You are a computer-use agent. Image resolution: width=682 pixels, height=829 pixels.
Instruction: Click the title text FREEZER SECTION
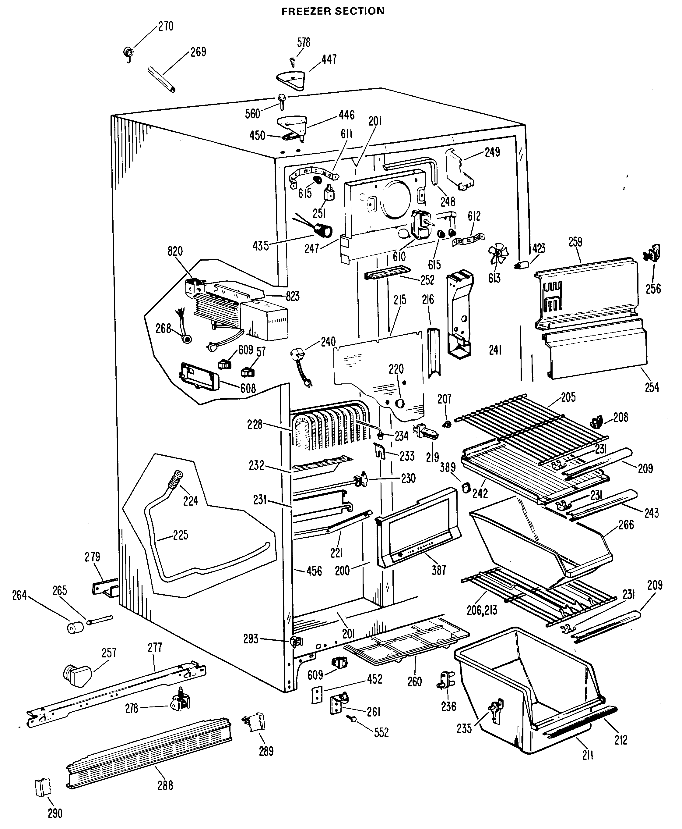click(x=333, y=11)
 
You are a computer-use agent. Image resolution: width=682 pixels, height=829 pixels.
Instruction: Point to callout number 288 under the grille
click(x=165, y=785)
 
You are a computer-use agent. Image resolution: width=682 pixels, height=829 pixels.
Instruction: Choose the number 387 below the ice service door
click(x=439, y=570)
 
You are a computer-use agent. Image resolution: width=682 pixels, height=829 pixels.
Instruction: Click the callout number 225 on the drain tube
click(x=180, y=535)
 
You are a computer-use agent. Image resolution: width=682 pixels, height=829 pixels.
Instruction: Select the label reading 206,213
click(x=482, y=610)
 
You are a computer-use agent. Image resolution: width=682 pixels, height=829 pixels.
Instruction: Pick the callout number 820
click(x=175, y=251)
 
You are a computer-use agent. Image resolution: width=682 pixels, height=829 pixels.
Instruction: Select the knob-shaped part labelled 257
click(x=77, y=676)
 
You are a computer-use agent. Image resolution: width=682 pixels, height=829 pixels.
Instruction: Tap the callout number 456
click(x=314, y=571)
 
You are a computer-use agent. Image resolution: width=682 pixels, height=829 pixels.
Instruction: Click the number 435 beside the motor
click(x=260, y=246)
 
